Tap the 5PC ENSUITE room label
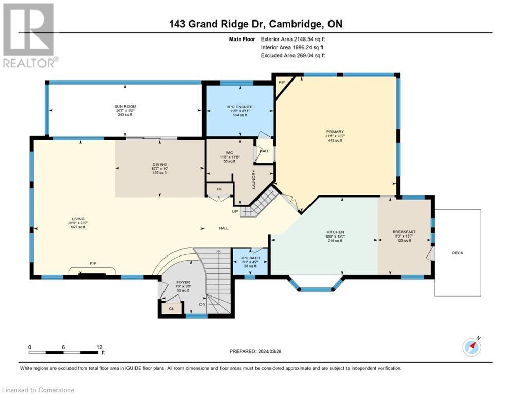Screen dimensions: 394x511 click(x=239, y=106)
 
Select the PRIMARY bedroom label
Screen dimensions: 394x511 click(x=335, y=132)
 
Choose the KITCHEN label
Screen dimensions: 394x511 click(x=335, y=232)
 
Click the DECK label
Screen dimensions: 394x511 click(x=458, y=253)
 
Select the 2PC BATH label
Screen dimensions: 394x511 click(x=250, y=258)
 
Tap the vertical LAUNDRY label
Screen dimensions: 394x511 click(x=254, y=180)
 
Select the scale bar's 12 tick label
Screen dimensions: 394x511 click(x=99, y=347)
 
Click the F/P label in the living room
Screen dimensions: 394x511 click(x=93, y=263)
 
